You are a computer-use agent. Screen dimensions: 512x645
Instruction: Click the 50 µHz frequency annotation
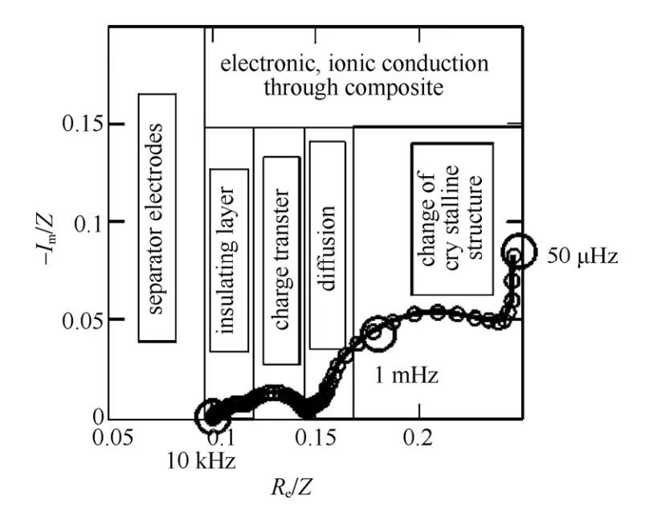(x=582, y=257)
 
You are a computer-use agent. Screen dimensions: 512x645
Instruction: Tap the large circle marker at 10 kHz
(x=213, y=416)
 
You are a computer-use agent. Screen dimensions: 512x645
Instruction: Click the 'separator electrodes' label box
(x=157, y=217)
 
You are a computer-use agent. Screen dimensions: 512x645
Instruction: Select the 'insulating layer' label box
(x=228, y=260)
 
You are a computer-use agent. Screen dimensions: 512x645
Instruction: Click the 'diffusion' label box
(x=327, y=245)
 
